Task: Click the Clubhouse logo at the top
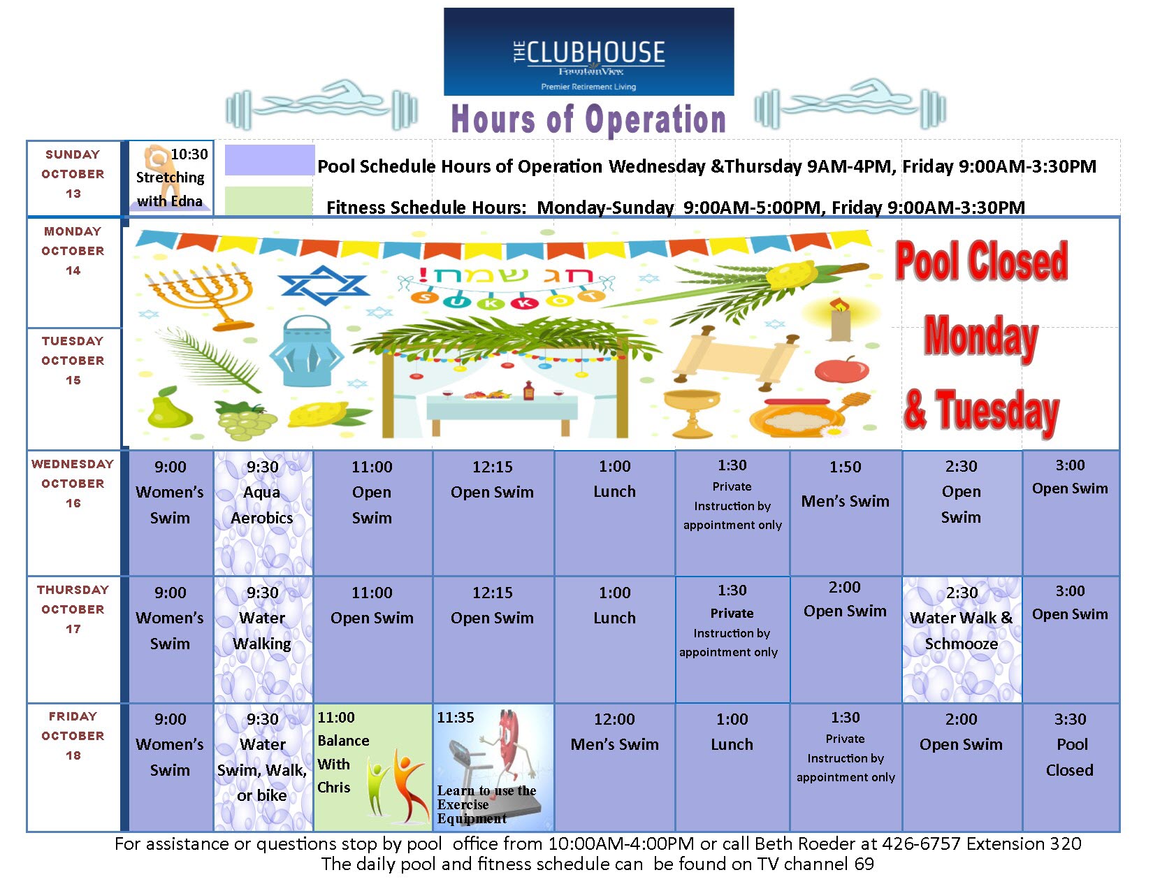[x=588, y=52]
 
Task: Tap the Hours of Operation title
[x=588, y=119]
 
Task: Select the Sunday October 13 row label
[x=73, y=174]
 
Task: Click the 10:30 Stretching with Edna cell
[x=171, y=178]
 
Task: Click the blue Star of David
[x=323, y=284]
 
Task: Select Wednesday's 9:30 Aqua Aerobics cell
[x=263, y=512]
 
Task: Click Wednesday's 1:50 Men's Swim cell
[x=845, y=512]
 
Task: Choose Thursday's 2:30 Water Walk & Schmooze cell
[x=962, y=639]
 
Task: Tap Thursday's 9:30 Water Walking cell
[x=263, y=639]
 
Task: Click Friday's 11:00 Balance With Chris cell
[x=372, y=767]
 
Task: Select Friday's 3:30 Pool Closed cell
[x=1070, y=767]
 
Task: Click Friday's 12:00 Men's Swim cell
[x=614, y=767]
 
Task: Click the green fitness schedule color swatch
[x=268, y=201]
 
